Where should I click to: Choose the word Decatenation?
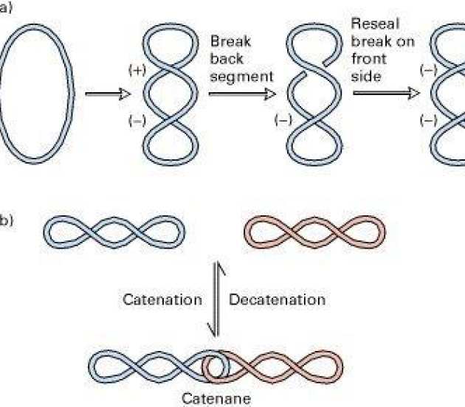point(277,300)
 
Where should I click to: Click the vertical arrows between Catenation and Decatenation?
point(215,300)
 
